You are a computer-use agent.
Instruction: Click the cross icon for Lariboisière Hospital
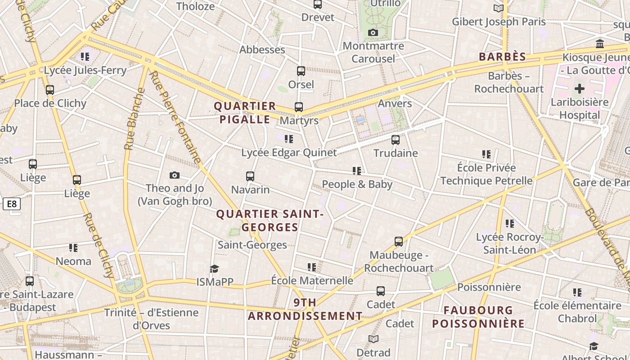[580, 88]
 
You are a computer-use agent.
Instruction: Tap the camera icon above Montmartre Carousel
[373, 32]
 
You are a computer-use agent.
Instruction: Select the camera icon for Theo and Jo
[175, 175]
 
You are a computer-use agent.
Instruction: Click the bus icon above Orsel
[301, 71]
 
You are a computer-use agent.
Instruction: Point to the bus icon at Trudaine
[396, 140]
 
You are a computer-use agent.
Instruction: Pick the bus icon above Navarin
[250, 176]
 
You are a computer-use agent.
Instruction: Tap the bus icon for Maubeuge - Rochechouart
[399, 242]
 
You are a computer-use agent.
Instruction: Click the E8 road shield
[12, 204]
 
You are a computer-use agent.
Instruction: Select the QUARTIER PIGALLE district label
[245, 113]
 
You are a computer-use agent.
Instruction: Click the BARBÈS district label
[502, 57]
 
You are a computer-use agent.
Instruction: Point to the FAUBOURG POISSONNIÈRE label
[478, 317]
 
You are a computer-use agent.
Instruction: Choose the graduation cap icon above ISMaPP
[214, 269]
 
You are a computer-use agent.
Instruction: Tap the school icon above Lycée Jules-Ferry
[85, 57]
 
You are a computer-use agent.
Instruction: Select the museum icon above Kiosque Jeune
[600, 44]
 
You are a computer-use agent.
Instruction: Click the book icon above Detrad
[373, 339]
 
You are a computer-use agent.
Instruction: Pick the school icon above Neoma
[73, 248]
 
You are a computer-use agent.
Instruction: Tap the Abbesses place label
[262, 49]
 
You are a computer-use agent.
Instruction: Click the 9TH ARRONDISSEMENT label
[305, 309]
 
